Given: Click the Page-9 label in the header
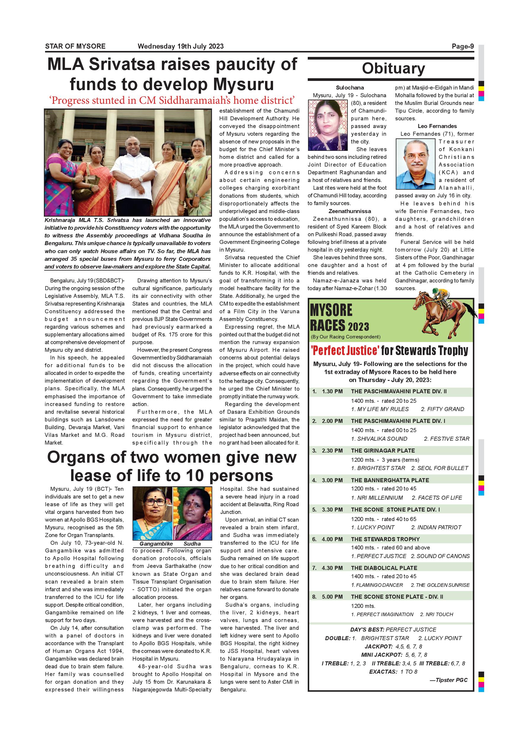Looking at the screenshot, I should (462, 47).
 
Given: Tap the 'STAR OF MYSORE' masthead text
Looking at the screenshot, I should (75, 47).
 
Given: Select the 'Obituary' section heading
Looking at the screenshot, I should (393, 68).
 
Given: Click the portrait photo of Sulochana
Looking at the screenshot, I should (328, 125).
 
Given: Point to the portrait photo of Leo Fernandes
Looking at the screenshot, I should (415, 164).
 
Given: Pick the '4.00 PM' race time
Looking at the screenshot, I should (332, 539).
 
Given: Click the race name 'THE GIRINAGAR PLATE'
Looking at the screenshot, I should (383, 451).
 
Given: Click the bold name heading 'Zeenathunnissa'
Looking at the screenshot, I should (350, 211).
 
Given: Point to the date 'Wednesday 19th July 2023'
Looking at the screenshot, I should (181, 47).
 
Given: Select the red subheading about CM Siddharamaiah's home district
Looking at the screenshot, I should (172, 100).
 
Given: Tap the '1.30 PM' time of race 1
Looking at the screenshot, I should (332, 392).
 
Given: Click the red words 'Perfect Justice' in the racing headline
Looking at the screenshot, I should (345, 351).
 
